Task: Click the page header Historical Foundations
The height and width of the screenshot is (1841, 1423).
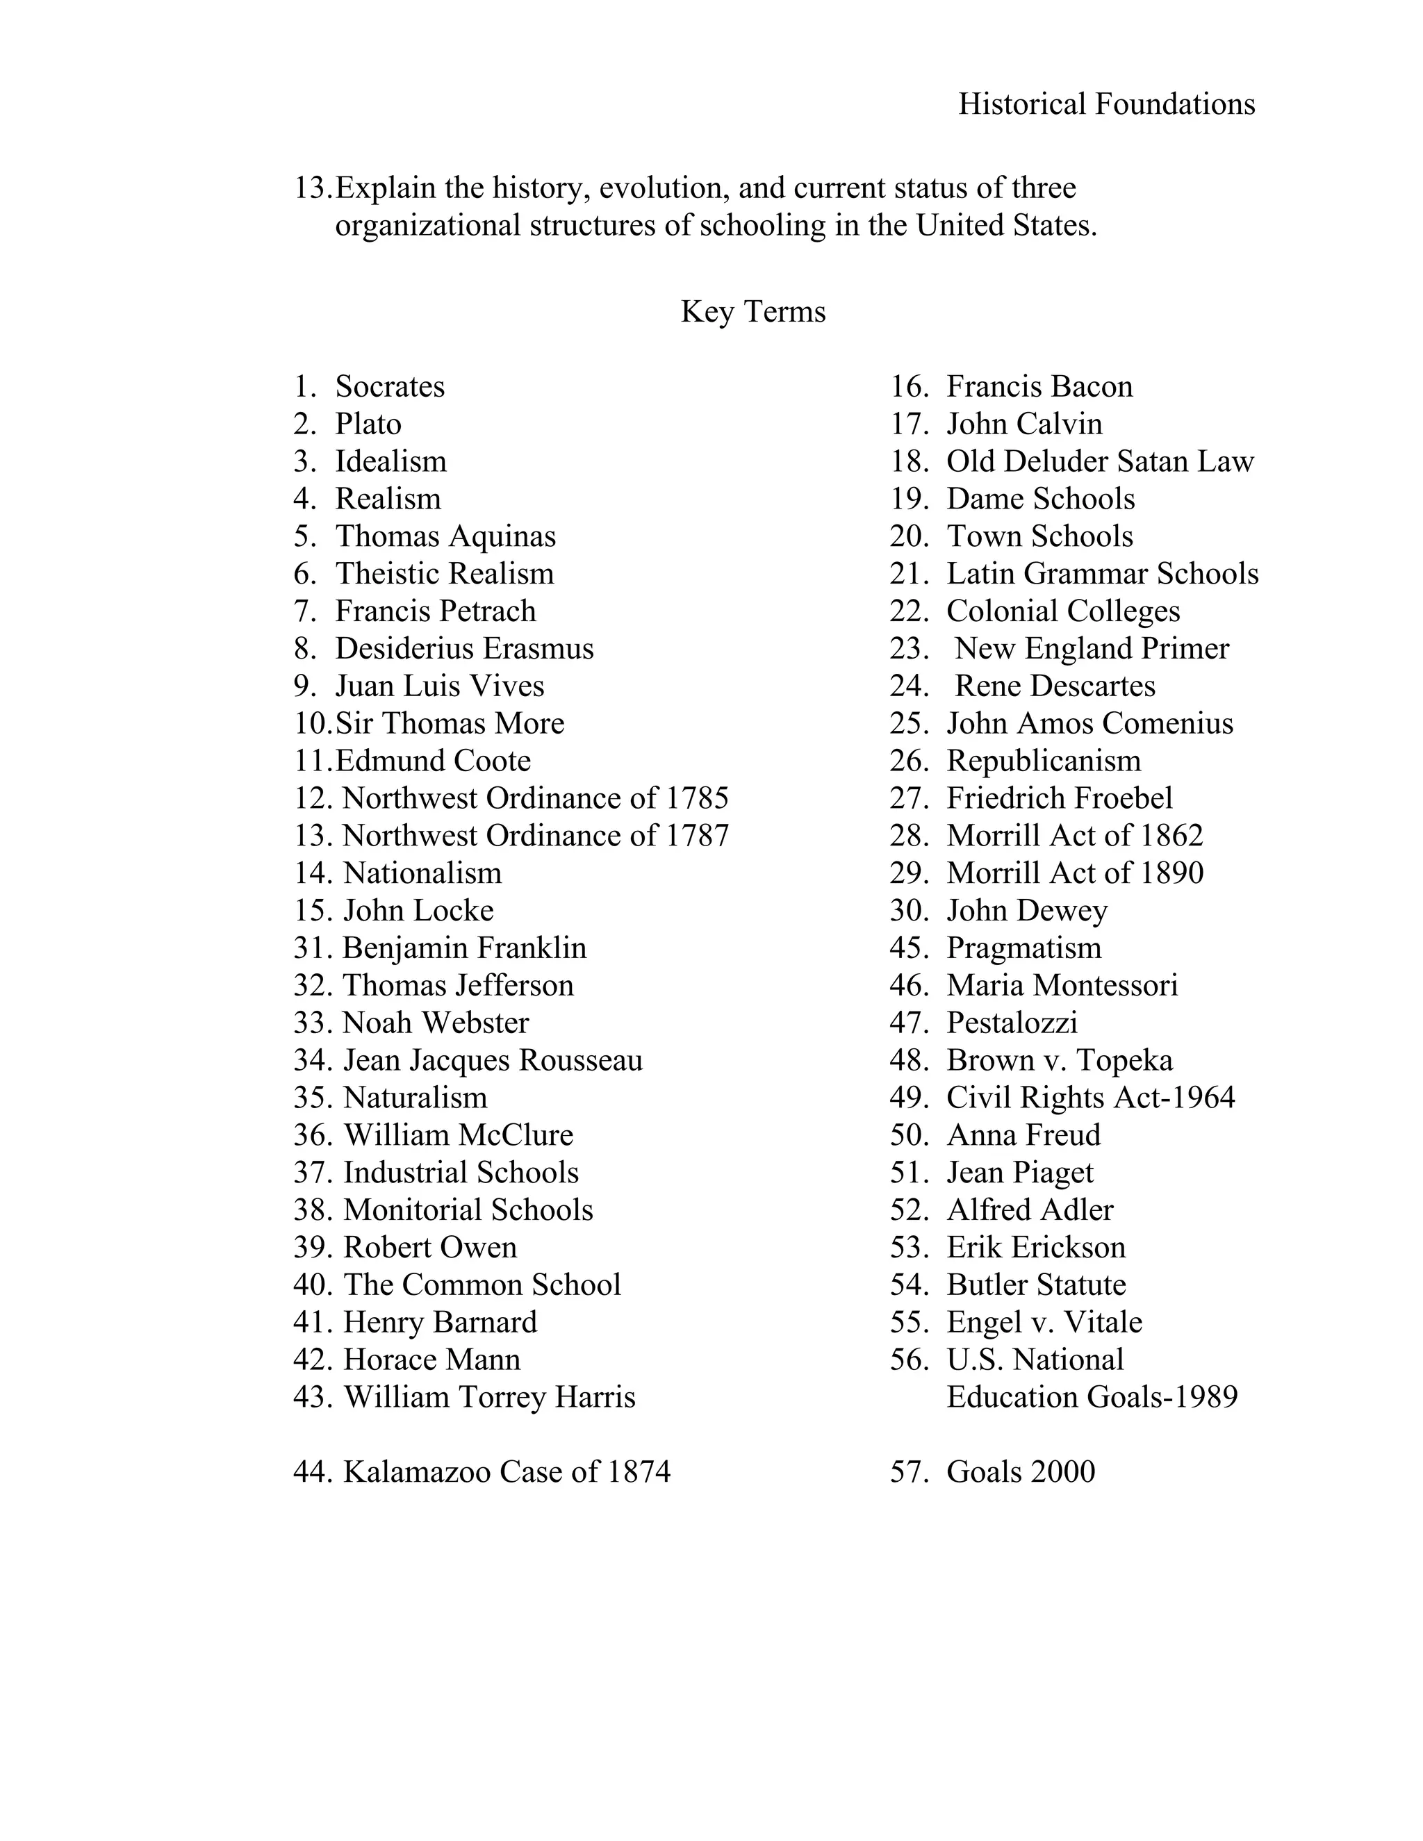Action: click(1106, 104)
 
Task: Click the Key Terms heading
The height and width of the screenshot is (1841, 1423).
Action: click(752, 312)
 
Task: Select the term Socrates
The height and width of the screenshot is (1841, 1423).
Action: click(390, 387)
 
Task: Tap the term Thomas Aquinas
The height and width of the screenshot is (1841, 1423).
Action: click(445, 537)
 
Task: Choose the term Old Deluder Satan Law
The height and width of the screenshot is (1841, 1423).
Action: click(1099, 462)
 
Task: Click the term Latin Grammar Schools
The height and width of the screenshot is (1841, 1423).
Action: click(1102, 574)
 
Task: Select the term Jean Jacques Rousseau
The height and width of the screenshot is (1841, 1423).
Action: click(493, 1060)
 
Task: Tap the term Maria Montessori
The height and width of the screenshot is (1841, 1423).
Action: click(1062, 985)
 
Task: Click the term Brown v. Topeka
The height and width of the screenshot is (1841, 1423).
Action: click(1059, 1060)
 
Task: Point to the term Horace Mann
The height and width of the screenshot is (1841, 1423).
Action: click(431, 1360)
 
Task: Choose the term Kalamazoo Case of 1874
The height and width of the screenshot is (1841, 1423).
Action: click(506, 1472)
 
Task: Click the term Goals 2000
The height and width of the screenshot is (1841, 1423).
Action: click(1020, 1472)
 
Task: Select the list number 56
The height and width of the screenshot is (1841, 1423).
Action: click(908, 1360)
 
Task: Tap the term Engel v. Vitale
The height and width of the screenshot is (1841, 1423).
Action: click(1044, 1323)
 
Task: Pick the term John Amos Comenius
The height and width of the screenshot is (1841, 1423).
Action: click(1089, 724)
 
